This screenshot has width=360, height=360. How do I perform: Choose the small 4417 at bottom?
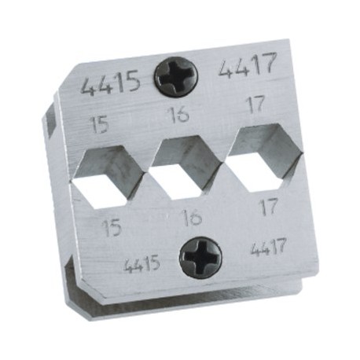(x=268, y=251)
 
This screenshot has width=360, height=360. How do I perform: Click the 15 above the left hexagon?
(x=100, y=125)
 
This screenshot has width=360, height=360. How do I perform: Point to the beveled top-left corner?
(x=69, y=88)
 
